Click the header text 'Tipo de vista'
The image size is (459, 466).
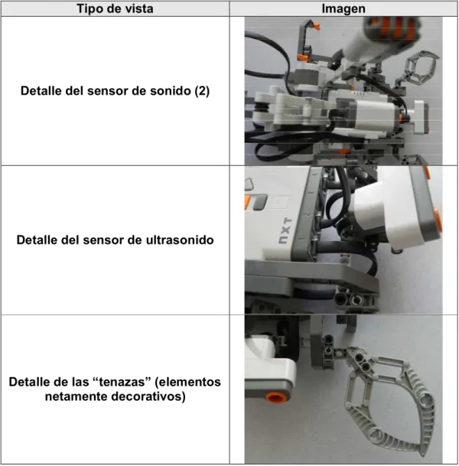pyautogui.click(x=115, y=8)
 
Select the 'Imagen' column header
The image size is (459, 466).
pyautogui.click(x=343, y=8)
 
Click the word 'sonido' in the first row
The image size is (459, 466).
pyautogui.click(x=171, y=91)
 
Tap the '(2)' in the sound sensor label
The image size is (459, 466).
pyautogui.click(x=202, y=91)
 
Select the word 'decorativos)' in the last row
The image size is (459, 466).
pyautogui.click(x=148, y=396)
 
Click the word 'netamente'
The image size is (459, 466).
pyautogui.click(x=76, y=396)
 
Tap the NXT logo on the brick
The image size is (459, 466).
pyautogui.click(x=285, y=231)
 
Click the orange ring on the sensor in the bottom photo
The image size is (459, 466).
pyautogui.click(x=275, y=397)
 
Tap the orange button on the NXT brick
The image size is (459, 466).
pyautogui.click(x=247, y=202)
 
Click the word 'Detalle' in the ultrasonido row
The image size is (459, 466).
pyautogui.click(x=37, y=240)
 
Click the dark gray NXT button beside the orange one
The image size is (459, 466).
pyautogui.click(x=260, y=202)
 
